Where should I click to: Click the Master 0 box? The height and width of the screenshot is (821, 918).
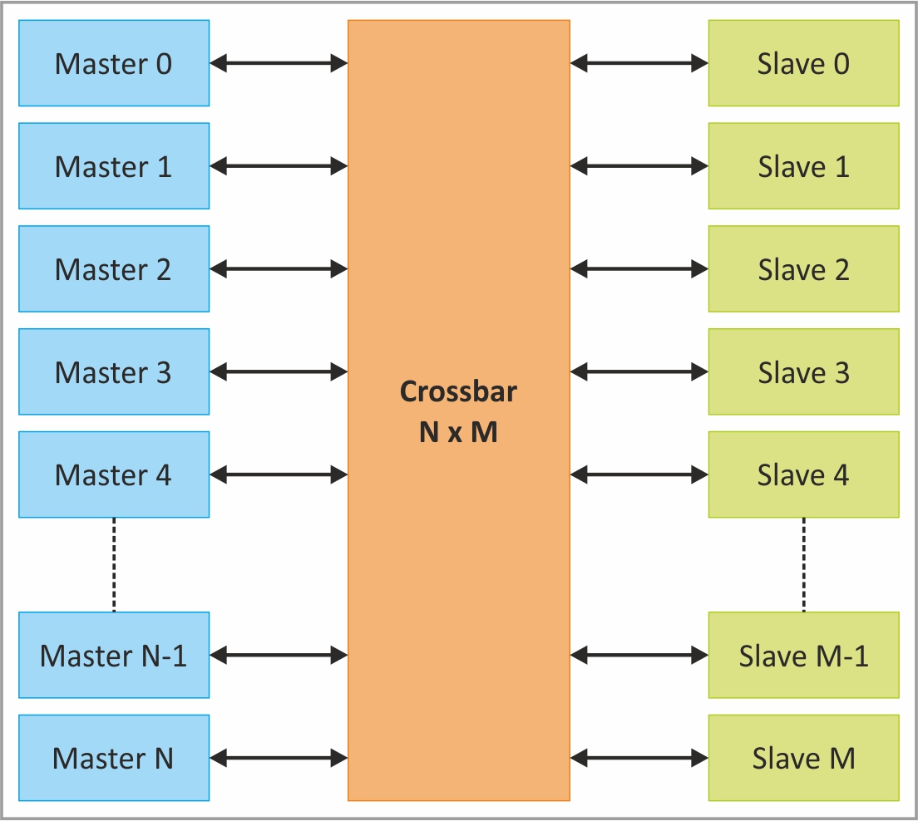pyautogui.click(x=114, y=63)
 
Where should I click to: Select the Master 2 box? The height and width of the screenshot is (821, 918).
pyautogui.click(x=114, y=268)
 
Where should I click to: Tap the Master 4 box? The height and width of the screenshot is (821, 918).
pyautogui.click(x=114, y=474)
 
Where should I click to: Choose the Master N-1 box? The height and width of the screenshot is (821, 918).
pyautogui.click(x=114, y=655)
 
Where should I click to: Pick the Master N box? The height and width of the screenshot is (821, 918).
pyautogui.click(x=114, y=758)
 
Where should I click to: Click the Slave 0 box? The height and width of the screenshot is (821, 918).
pyautogui.click(x=803, y=63)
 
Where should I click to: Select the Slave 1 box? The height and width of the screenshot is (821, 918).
pyautogui.click(x=803, y=166)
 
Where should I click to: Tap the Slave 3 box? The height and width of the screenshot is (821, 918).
pyautogui.click(x=803, y=371)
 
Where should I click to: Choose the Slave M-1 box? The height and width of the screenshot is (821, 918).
pyautogui.click(x=803, y=655)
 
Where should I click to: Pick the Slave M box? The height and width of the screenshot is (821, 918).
pyautogui.click(x=803, y=758)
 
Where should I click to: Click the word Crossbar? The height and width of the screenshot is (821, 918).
pyautogui.click(x=458, y=391)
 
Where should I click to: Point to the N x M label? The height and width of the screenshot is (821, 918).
pyautogui.click(x=458, y=432)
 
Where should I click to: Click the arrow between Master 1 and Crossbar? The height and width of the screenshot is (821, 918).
pyautogui.click(x=279, y=166)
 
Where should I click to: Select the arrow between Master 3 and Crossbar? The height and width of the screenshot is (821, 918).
pyautogui.click(x=279, y=371)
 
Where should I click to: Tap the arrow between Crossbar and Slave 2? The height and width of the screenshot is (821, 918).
pyautogui.click(x=639, y=268)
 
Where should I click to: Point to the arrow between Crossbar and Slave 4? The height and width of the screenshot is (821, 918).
pyautogui.click(x=639, y=474)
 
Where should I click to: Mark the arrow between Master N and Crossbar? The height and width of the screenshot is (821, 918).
pyautogui.click(x=279, y=758)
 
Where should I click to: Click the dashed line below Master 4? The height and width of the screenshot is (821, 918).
pyautogui.click(x=114, y=564)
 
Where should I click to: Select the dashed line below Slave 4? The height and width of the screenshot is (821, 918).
pyautogui.click(x=803, y=564)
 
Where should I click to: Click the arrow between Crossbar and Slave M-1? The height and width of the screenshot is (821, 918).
pyautogui.click(x=639, y=655)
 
